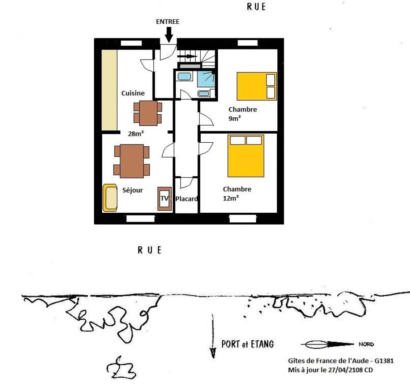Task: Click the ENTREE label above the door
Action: point(168,22)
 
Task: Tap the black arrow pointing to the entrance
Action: point(169,35)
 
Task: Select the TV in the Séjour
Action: point(165,199)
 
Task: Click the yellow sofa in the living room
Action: point(110,198)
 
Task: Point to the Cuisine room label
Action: point(133,93)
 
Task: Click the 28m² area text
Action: point(136,134)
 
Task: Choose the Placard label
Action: point(187,199)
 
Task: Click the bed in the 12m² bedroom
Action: point(246,156)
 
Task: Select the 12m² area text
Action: point(231,198)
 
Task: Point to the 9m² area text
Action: point(235,118)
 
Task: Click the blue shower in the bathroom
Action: point(206,79)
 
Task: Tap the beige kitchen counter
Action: point(109,90)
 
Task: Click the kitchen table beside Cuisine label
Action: point(148,113)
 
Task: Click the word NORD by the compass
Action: point(366,344)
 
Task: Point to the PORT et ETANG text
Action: point(247,344)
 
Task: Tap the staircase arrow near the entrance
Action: point(187,56)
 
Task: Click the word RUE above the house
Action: point(256,6)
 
